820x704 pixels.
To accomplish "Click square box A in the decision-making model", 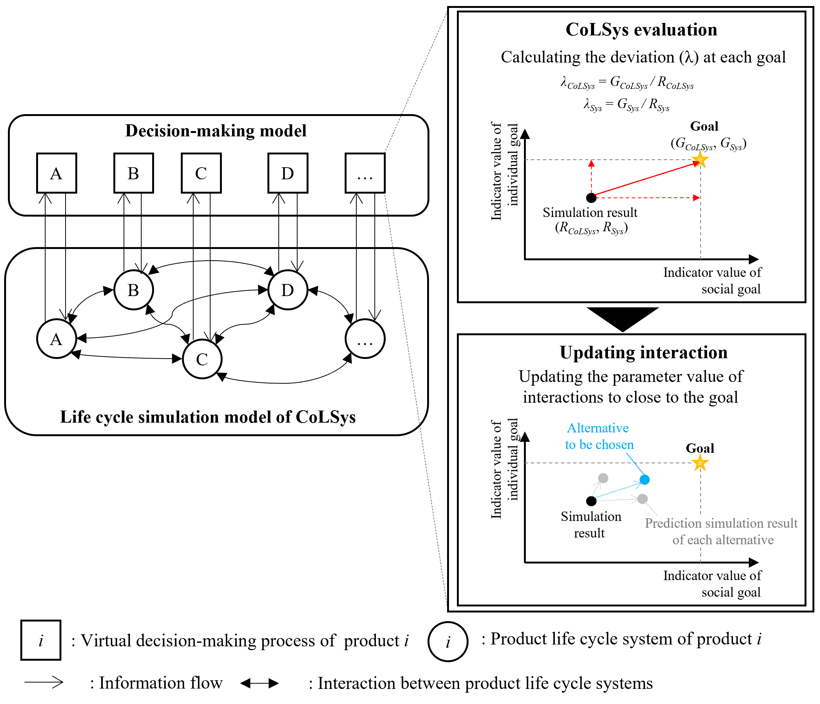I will point(56,173).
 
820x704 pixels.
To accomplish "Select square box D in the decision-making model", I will point(288,173).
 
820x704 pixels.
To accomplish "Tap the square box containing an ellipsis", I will point(365,173).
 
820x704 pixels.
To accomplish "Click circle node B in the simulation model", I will point(134,290).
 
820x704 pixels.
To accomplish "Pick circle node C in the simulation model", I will point(202,359).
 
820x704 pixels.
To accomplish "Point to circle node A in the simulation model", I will point(56,339).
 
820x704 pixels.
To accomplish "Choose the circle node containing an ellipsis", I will point(365,339).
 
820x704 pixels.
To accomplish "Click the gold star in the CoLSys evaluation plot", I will point(700,161).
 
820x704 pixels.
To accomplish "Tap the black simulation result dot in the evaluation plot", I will point(591,197).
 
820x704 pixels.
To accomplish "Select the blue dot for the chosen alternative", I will point(645,480).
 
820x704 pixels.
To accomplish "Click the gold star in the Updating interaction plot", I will point(700,463).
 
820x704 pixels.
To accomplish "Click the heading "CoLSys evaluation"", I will point(641,30).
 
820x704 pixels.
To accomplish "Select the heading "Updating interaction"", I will point(643,353).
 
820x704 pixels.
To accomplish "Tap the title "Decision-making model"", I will point(216,131).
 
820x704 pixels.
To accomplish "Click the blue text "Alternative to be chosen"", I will point(599,436).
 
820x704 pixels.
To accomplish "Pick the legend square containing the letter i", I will point(41,640).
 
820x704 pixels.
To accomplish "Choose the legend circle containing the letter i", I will point(447,641).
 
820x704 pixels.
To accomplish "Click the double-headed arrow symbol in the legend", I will point(259,683).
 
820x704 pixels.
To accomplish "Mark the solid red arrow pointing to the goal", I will point(645,180).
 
